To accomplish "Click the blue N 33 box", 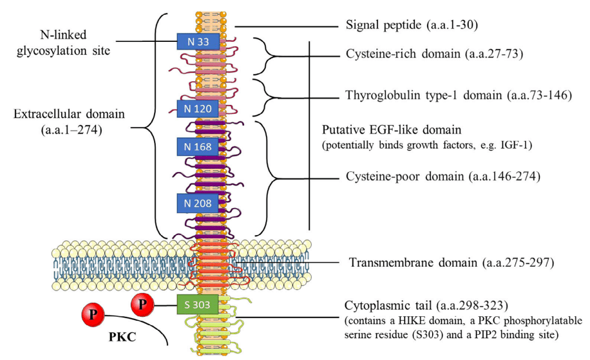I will (x=198, y=42).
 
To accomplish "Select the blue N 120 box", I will (x=198, y=108).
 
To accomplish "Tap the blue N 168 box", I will (x=198, y=147).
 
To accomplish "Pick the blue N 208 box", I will (x=198, y=204).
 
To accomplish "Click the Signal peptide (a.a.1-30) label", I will (x=411, y=26).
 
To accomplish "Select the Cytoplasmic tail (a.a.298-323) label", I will (x=421, y=305).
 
